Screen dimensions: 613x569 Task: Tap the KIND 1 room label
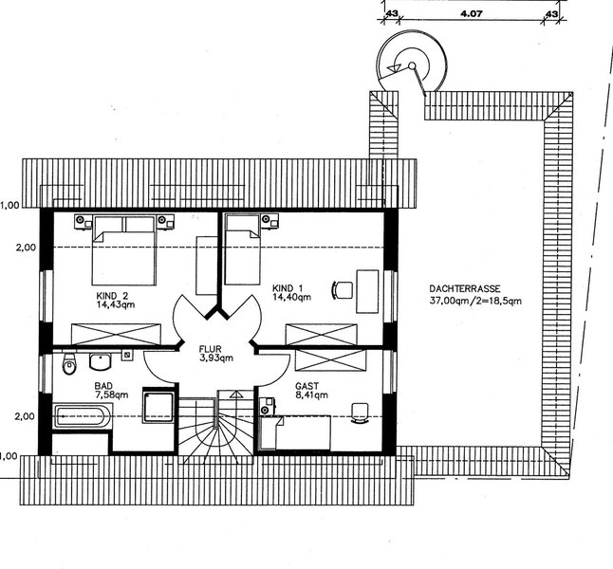pyautogui.click(x=288, y=288)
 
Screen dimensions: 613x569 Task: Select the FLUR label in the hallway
pyautogui.click(x=211, y=349)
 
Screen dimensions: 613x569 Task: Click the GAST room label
pyautogui.click(x=306, y=386)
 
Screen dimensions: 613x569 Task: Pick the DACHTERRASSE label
pyautogui.click(x=465, y=289)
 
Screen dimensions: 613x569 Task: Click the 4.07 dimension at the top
pyautogui.click(x=472, y=14)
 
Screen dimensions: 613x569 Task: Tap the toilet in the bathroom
pyautogui.click(x=69, y=364)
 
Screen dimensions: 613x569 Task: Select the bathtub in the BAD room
pyautogui.click(x=83, y=416)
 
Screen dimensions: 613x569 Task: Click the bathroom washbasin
pyautogui.click(x=101, y=361)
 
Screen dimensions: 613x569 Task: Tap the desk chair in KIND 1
pyautogui.click(x=343, y=290)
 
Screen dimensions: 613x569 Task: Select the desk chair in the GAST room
pyautogui.click(x=360, y=413)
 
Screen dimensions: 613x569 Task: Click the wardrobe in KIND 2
pyautogui.click(x=116, y=334)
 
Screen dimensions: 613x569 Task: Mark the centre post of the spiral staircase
pyautogui.click(x=412, y=65)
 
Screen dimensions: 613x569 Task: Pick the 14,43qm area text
pyautogui.click(x=116, y=304)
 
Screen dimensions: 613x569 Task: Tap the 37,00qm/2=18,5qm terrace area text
pyautogui.click(x=475, y=301)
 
